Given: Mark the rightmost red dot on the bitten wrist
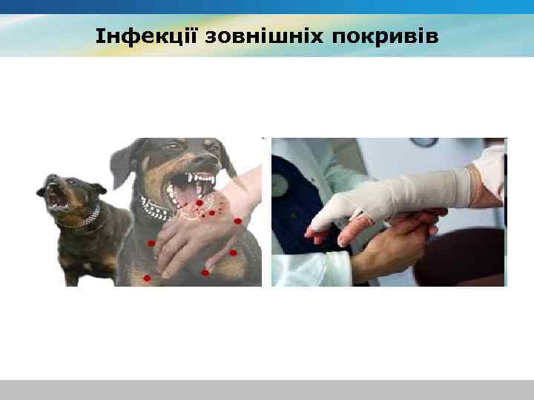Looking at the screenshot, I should [x=237, y=221].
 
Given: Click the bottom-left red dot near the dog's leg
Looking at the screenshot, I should [x=146, y=278].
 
